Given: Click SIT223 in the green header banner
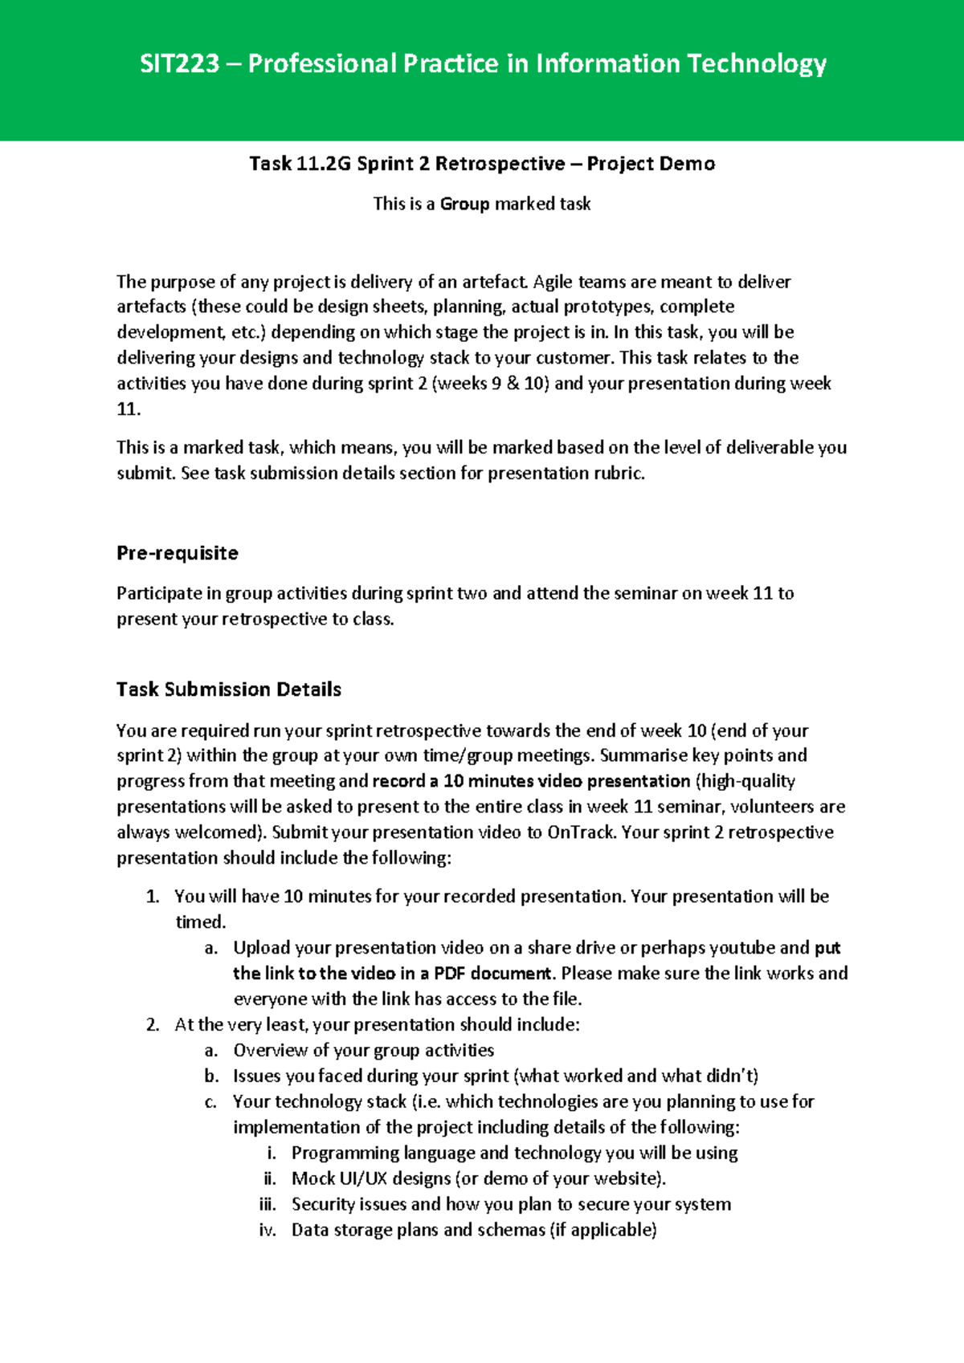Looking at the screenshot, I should click(x=179, y=63).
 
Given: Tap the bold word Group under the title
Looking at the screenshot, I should click(x=464, y=204).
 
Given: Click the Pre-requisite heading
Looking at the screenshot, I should click(x=177, y=553).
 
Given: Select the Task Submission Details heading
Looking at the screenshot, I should click(x=228, y=690).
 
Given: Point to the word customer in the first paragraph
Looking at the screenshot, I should click(x=573, y=358).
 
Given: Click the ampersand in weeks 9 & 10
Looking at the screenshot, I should click(x=513, y=384).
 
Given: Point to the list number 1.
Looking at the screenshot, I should click(x=153, y=897).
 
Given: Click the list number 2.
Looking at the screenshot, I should click(x=153, y=1025).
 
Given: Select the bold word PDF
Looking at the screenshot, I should click(x=449, y=974).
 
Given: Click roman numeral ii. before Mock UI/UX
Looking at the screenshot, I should click(x=270, y=1179).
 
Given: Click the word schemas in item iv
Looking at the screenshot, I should click(x=511, y=1231).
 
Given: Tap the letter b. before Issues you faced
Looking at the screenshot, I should click(x=211, y=1076).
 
